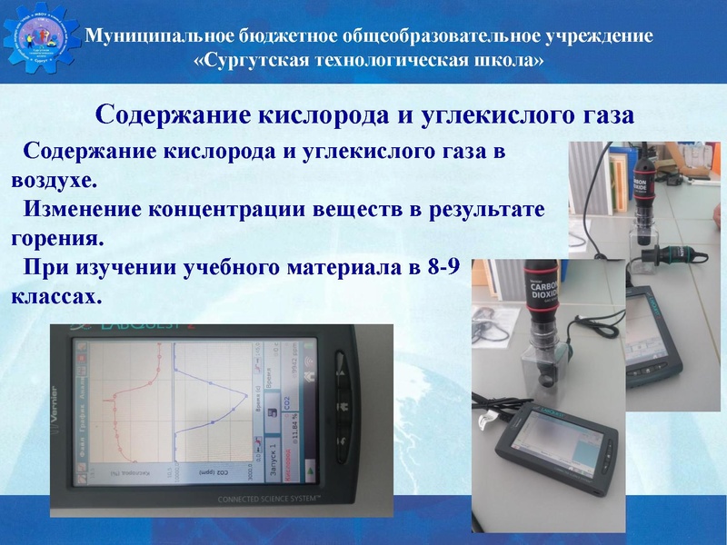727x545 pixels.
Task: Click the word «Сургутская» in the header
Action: coord(254,62)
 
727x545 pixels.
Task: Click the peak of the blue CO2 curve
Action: coord(245,396)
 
